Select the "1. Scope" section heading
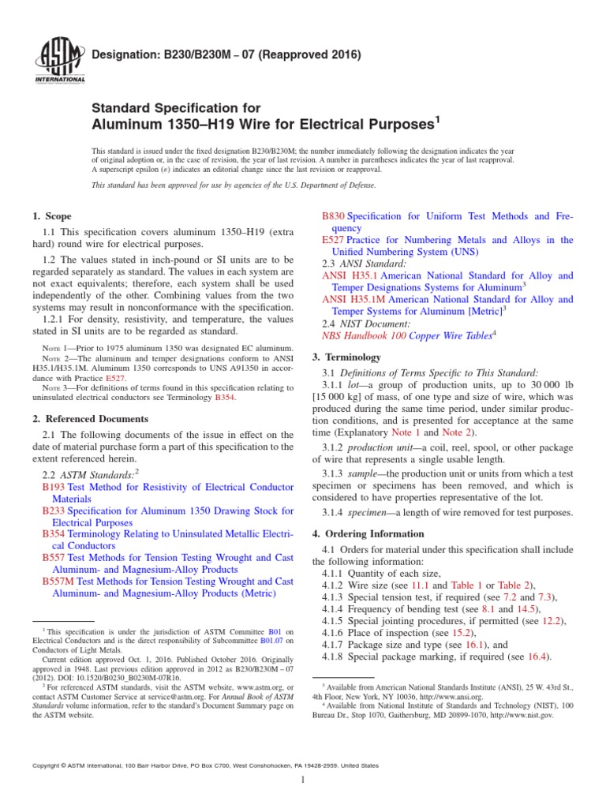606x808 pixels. click(51, 216)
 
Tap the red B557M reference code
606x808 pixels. click(58, 581)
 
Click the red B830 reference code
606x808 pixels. click(335, 216)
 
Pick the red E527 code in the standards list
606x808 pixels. click(334, 240)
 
